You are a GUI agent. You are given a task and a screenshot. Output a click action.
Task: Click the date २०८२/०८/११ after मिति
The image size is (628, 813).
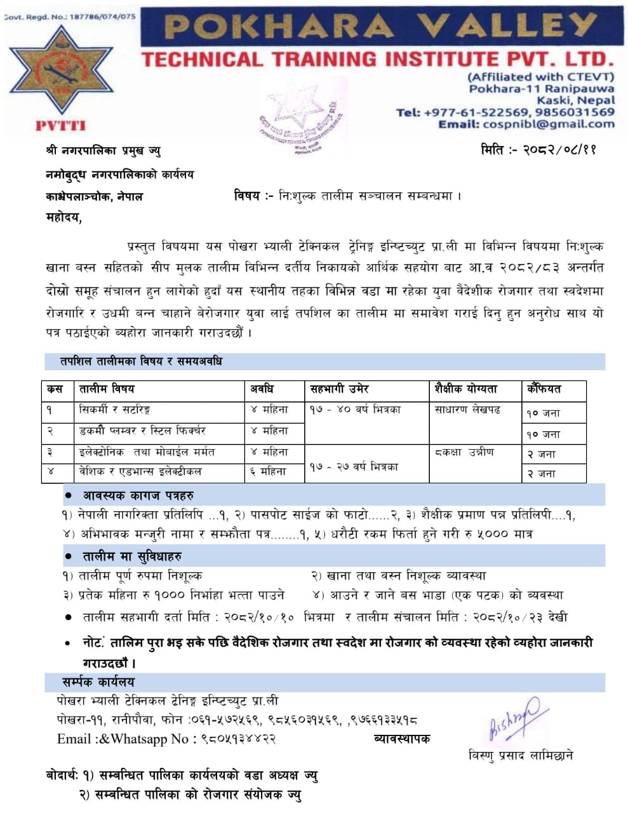559,151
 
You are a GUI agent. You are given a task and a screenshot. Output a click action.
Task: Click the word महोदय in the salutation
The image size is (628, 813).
64,218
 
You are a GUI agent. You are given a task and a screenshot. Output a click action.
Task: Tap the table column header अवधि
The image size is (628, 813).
262,389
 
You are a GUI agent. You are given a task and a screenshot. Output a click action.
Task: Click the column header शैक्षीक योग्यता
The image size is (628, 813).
466,389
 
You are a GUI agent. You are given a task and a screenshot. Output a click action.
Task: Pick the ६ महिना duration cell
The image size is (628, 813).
269,472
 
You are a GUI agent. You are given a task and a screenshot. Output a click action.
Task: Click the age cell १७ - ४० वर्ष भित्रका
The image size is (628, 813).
355,410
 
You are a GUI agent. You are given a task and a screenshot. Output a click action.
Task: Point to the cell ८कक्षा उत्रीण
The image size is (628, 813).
464,453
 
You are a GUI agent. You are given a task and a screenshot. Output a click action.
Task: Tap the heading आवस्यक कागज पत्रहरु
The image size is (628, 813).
138,495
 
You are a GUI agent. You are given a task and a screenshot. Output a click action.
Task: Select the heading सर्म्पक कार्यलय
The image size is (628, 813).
98,682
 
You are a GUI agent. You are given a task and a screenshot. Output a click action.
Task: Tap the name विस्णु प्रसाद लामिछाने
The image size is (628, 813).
520,755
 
